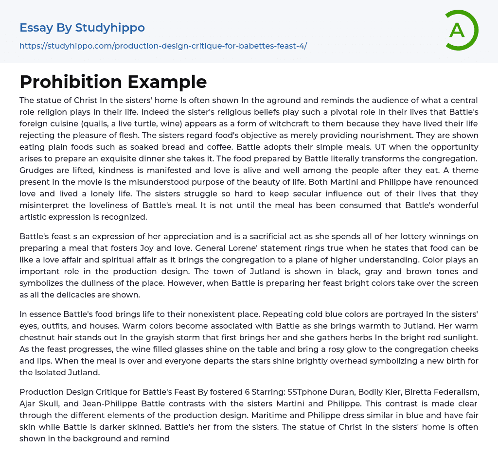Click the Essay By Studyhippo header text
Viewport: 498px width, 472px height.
[82, 28]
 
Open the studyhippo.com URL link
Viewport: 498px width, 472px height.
[163, 46]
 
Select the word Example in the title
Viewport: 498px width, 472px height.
[167, 82]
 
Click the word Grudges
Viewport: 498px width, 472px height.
[36, 170]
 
